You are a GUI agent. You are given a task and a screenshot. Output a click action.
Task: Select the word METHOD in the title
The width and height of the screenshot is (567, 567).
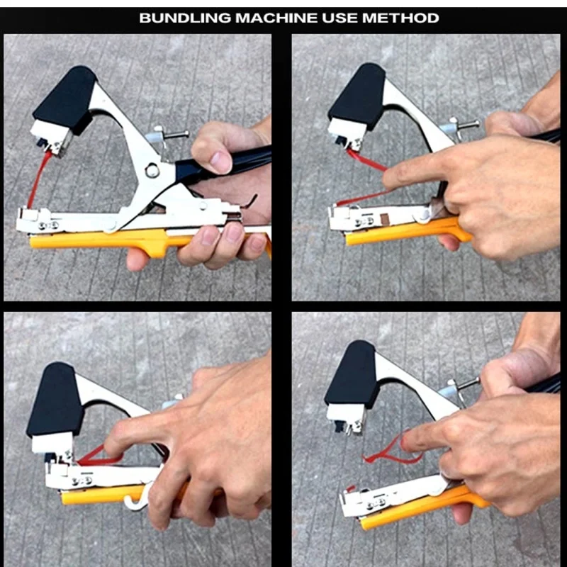[400, 17]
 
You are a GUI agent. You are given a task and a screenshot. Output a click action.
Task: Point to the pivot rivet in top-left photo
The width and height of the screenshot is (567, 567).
[150, 170]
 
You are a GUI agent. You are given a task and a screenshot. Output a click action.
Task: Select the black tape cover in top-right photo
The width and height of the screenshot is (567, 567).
[358, 95]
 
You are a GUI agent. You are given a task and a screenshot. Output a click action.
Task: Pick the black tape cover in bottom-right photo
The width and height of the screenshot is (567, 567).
[352, 375]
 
